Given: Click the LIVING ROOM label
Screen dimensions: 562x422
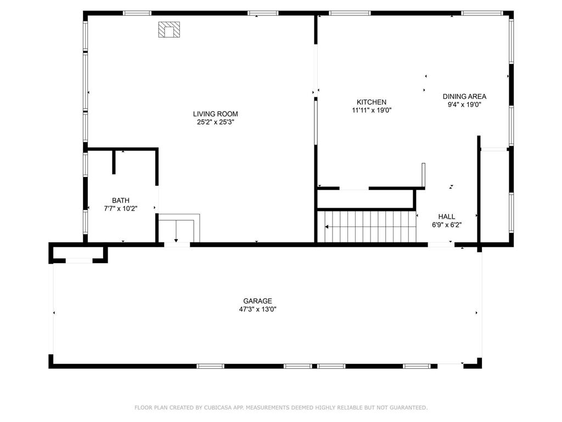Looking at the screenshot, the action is [x=215, y=114].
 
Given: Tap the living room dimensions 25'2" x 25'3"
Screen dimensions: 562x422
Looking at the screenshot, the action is [x=215, y=123].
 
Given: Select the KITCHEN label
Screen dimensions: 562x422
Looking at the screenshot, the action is [x=372, y=102].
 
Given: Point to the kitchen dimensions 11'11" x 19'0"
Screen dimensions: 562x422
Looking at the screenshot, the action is [x=372, y=110].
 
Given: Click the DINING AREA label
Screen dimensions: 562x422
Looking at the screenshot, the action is [x=464, y=97].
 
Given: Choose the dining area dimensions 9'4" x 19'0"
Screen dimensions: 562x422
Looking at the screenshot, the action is [x=464, y=105].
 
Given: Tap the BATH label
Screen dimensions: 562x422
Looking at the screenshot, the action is [x=120, y=201].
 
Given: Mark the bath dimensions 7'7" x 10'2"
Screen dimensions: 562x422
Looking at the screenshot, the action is [x=121, y=209].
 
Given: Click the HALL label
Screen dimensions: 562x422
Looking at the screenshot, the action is [x=447, y=216].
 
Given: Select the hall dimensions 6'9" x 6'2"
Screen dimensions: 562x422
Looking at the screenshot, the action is [x=447, y=225].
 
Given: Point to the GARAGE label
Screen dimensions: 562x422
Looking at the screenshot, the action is [x=257, y=301].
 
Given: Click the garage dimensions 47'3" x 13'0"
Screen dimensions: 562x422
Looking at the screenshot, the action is [x=258, y=309].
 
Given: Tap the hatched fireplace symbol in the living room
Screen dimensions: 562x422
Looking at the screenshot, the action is [x=169, y=30].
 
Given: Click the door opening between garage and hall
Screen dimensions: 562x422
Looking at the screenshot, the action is [x=441, y=245].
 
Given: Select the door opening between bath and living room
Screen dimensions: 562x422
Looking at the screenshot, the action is [x=156, y=199].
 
